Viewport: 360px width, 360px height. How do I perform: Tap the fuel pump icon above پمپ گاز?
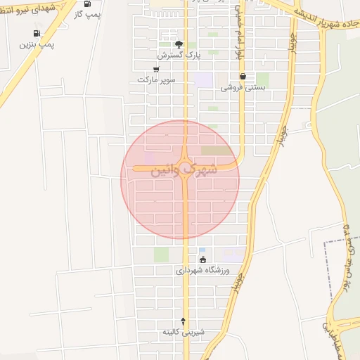pyautogui.click(x=87, y=4)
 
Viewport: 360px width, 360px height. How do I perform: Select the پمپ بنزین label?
pyautogui.click(x=37, y=44)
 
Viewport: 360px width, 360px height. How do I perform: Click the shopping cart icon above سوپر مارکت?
pyautogui.click(x=155, y=70)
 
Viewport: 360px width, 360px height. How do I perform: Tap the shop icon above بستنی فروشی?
pyautogui.click(x=243, y=77)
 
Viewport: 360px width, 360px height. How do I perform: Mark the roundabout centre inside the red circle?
pyautogui.click(x=184, y=169)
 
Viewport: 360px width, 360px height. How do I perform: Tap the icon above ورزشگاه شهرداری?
pyautogui.click(x=203, y=259)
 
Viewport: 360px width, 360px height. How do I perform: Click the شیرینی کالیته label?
pyautogui.click(x=183, y=331)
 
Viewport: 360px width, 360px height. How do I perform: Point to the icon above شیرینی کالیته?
pyautogui.click(x=184, y=320)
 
